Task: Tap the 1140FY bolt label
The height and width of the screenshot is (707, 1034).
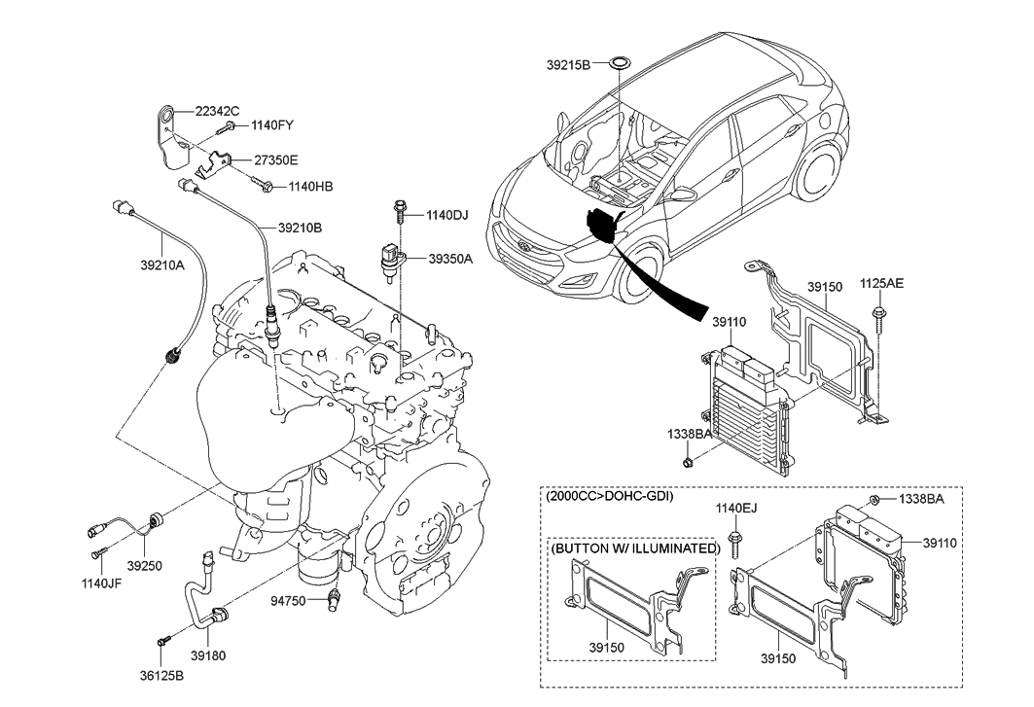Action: [273, 125]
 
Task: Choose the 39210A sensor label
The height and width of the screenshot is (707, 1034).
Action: [160, 264]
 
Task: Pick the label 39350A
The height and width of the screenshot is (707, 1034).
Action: [449, 259]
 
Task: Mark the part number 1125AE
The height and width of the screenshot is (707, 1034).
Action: [881, 284]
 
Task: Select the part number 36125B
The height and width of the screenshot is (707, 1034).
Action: [160, 673]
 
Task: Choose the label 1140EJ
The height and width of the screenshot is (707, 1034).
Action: [735, 508]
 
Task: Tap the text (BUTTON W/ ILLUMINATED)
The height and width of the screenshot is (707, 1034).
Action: [635, 548]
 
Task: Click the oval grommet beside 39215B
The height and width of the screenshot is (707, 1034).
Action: [619, 65]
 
